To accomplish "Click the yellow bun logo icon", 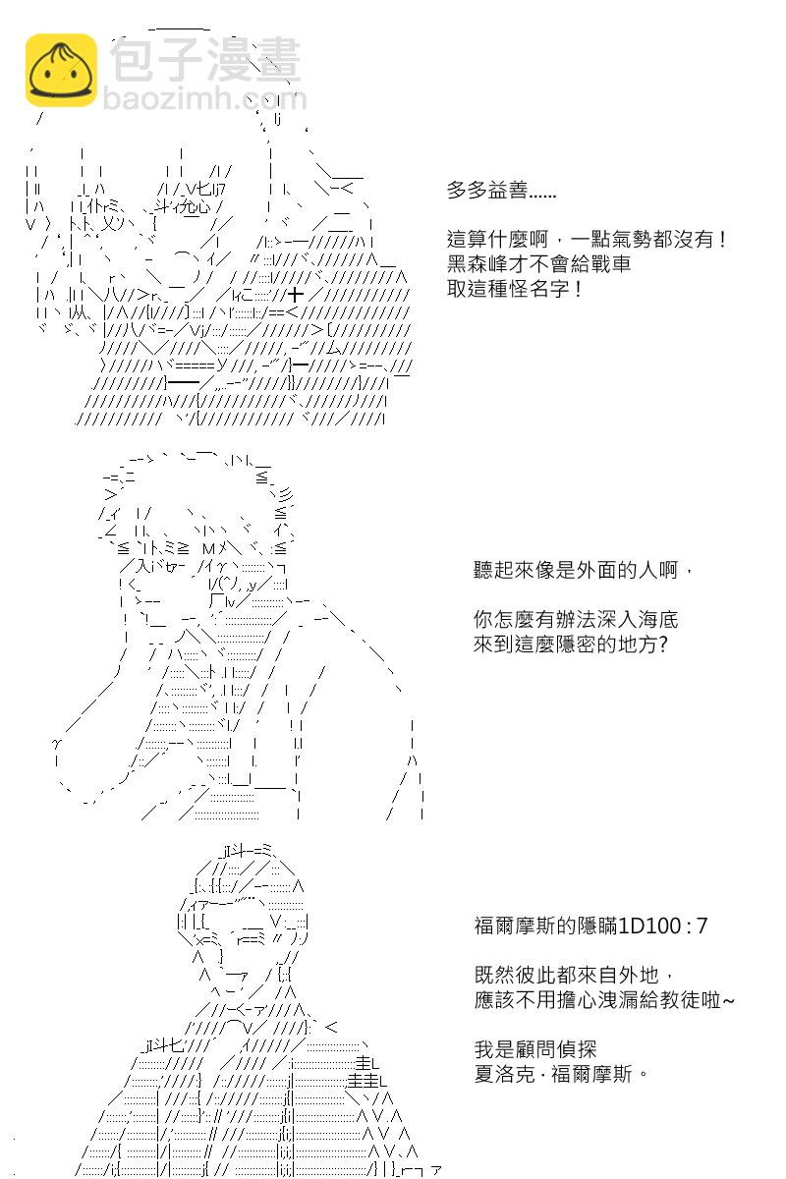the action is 61,70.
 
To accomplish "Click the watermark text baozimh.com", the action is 204,98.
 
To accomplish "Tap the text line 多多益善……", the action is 501,191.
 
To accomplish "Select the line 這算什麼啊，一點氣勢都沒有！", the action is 587,240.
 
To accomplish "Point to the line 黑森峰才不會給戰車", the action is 538,264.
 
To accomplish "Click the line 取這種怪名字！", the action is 515,289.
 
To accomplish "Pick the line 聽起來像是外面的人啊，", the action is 583,570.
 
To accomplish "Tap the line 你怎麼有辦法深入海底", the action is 576,620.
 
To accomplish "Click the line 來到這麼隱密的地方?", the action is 570,645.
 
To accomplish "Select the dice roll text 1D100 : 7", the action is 663,926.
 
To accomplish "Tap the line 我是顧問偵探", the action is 535,1049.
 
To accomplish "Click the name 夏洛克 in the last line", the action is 504,1074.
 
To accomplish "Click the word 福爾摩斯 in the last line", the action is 591,1074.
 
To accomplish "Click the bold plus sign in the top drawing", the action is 296,294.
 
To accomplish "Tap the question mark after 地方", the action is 663,645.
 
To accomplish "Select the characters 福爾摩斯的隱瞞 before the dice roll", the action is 545,926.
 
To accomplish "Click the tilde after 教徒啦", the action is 729,1000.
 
